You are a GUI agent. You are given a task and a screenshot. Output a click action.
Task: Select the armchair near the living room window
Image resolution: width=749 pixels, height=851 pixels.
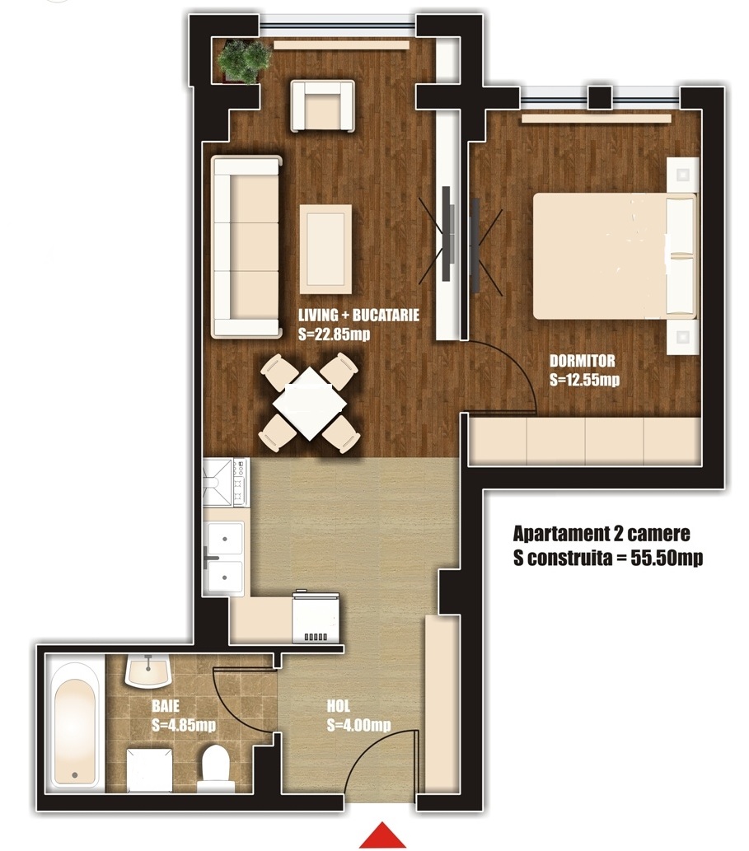323,105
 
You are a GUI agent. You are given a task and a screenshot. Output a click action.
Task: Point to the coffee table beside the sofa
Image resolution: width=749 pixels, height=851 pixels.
325,248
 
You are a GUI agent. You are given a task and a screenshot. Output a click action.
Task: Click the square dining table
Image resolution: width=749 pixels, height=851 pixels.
309,404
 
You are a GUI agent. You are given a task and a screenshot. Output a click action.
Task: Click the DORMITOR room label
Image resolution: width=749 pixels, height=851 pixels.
583,361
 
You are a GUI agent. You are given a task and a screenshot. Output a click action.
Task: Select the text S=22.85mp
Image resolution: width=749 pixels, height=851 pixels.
335,334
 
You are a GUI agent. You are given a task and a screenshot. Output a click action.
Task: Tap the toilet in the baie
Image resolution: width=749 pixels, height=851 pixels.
216,768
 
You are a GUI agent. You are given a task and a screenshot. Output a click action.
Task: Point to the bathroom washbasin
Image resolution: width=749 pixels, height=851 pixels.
148,671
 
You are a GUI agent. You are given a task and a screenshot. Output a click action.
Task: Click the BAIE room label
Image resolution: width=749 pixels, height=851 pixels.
166,706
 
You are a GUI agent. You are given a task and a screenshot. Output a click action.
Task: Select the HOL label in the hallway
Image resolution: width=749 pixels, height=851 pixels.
339,706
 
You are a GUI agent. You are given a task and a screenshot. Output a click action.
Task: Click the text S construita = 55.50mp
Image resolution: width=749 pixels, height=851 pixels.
608,558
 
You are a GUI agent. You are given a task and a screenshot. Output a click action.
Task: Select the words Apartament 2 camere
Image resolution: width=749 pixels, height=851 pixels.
602,534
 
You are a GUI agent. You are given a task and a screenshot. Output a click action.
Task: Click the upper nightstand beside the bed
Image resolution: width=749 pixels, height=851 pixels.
682,175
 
